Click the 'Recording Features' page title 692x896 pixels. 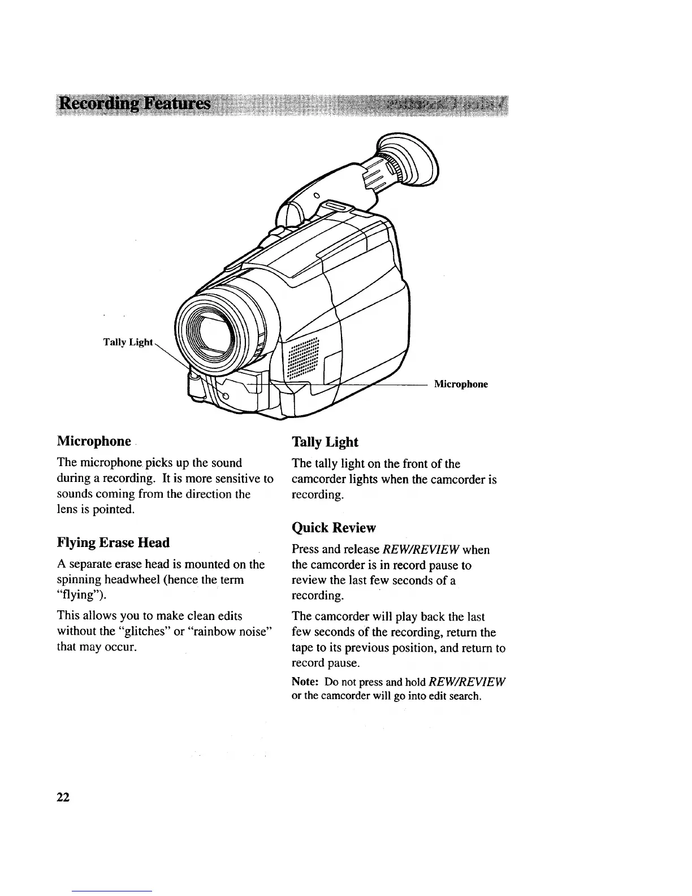pyautogui.click(x=135, y=105)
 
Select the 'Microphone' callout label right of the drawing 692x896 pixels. pyautogui.click(x=460, y=384)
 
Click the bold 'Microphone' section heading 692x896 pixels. pyautogui.click(x=94, y=441)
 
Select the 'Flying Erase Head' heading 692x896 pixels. pyautogui.click(x=113, y=542)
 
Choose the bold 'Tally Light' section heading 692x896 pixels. pyautogui.click(x=325, y=442)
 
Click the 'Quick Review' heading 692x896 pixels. pyautogui.click(x=333, y=528)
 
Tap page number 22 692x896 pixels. pyautogui.click(x=63, y=798)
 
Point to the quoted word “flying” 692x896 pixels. pyautogui.click(x=80, y=596)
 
